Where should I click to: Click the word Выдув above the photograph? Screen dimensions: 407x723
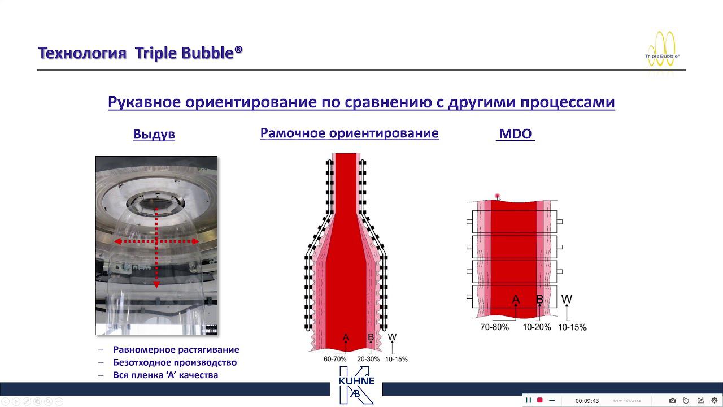pyautogui.click(x=154, y=135)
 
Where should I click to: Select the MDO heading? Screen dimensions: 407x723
pyautogui.click(x=515, y=135)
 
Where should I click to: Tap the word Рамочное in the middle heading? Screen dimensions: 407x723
pyautogui.click(x=293, y=133)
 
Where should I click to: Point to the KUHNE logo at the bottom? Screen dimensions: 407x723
pyautogui.click(x=356, y=384)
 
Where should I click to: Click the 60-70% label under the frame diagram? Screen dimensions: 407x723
pyautogui.click(x=335, y=359)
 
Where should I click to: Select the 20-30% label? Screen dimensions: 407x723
pyautogui.click(x=368, y=359)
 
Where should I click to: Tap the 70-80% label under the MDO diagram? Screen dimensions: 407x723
pyautogui.click(x=494, y=327)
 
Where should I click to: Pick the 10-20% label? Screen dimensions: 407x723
pyautogui.click(x=537, y=327)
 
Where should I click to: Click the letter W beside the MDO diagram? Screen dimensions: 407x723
pyautogui.click(x=567, y=299)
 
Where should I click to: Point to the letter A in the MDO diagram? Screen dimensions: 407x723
pyautogui.click(x=516, y=300)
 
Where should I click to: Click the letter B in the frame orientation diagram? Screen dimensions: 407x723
pyautogui.click(x=371, y=338)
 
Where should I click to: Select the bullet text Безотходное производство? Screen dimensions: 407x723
pyautogui.click(x=175, y=362)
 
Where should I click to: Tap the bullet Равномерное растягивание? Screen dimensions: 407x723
pyautogui.click(x=176, y=350)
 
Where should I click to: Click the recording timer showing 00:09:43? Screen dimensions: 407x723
pyautogui.click(x=587, y=401)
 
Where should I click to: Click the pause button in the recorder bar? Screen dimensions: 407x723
pyautogui.click(x=529, y=400)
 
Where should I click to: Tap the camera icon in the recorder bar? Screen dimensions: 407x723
pyautogui.click(x=672, y=401)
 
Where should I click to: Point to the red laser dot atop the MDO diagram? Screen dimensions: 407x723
pyautogui.click(x=498, y=196)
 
